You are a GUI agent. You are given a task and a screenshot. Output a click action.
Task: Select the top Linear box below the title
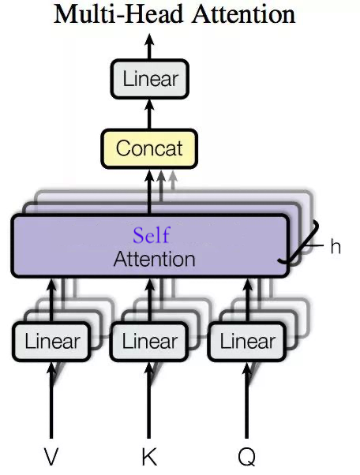150,80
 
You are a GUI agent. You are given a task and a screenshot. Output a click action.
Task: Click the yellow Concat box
149,148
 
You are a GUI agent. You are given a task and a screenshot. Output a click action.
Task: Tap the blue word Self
151,235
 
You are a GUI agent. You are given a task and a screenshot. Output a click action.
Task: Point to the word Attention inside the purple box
154,259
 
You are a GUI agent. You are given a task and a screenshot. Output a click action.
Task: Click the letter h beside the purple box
336,247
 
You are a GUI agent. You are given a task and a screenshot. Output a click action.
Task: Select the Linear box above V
52,342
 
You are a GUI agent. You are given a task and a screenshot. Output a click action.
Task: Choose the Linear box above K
150,342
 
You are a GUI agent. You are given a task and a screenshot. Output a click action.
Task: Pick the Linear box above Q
247,342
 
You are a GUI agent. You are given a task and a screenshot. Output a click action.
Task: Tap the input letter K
149,456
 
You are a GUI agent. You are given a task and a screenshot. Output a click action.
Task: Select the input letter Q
246,456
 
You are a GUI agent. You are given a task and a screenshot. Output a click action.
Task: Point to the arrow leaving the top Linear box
150,47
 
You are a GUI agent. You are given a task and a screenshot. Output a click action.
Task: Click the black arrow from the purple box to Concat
150,192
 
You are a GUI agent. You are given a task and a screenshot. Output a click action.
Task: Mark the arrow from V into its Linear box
52,402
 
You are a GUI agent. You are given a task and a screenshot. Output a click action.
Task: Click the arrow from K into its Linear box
149,402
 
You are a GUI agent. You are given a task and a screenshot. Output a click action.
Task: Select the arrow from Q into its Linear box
246,402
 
